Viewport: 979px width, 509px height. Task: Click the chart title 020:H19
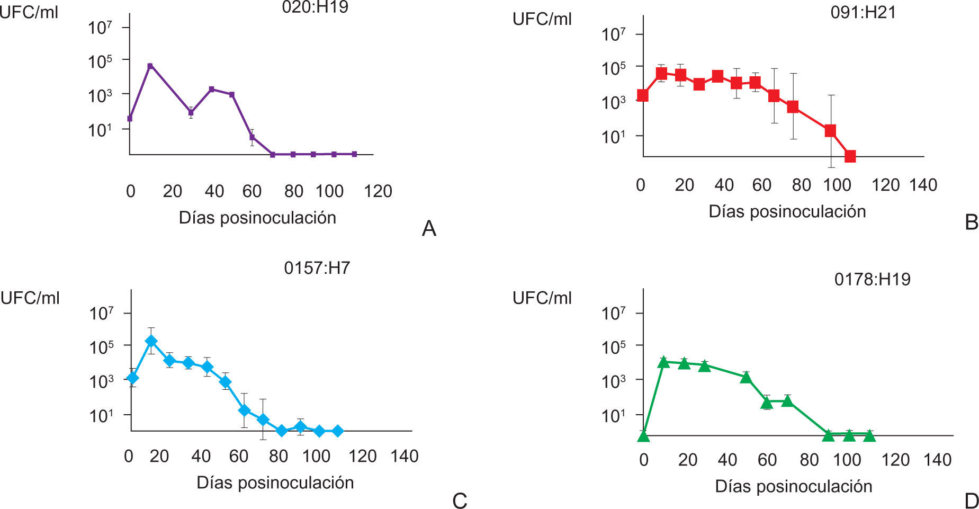[x=315, y=7]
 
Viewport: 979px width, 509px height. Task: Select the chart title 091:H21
[x=863, y=12]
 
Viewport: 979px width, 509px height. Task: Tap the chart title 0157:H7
[x=317, y=268]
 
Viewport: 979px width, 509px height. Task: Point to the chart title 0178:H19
[x=872, y=279]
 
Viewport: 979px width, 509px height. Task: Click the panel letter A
[x=429, y=229]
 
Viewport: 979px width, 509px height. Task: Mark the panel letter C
[x=460, y=501]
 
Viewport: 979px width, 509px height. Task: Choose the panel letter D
[x=971, y=501]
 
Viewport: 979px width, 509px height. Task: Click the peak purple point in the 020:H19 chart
[x=150, y=66]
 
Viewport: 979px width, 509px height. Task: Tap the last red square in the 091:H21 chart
[x=850, y=156]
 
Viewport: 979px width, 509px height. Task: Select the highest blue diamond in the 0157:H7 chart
[x=151, y=341]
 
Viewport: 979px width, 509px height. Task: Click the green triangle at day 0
[x=643, y=436]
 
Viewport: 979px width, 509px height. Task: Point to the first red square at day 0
[x=643, y=95]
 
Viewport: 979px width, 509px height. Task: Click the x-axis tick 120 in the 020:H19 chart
[x=378, y=191]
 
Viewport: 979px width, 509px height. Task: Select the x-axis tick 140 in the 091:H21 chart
[x=923, y=185]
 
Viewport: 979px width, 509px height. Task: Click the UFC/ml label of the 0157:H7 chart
[x=30, y=298]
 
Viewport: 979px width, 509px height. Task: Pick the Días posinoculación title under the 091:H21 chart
[x=787, y=211]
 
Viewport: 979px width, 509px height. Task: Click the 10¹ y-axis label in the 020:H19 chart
[x=100, y=129]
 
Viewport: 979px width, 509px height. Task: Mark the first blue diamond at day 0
[x=132, y=378]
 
